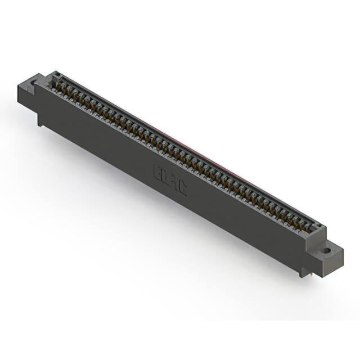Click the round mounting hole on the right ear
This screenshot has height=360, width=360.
click(x=326, y=250)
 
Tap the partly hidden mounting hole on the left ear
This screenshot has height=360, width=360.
click(x=33, y=83)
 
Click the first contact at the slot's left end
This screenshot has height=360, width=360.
click(x=57, y=83)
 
